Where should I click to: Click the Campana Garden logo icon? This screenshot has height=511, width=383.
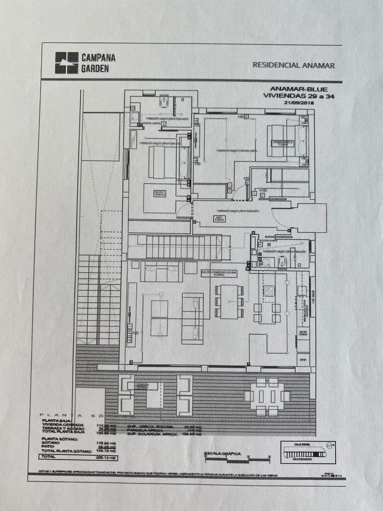(x=67, y=63)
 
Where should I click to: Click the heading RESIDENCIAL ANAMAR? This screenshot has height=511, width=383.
(x=294, y=66)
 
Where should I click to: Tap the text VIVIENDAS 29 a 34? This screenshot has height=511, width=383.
(x=299, y=97)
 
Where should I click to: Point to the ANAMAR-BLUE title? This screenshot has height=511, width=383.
(x=299, y=89)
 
